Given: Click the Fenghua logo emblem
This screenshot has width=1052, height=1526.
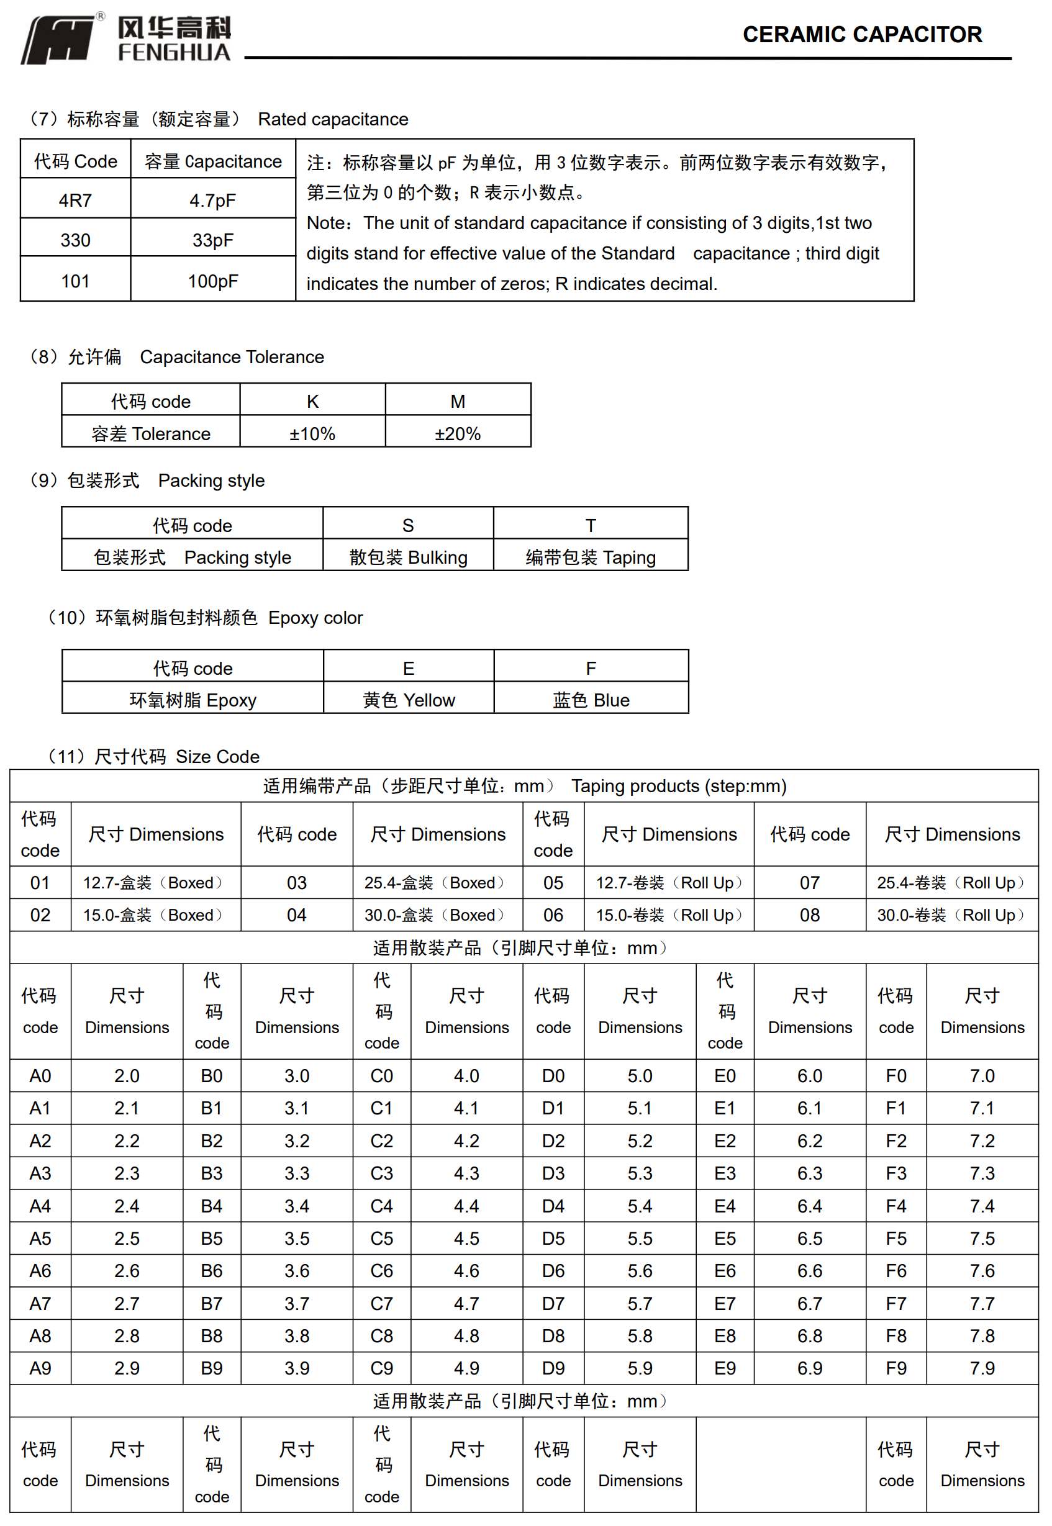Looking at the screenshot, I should click(x=61, y=40).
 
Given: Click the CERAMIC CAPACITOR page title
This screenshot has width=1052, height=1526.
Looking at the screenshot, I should click(x=861, y=34).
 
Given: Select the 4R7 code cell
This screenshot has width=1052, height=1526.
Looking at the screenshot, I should click(x=75, y=201).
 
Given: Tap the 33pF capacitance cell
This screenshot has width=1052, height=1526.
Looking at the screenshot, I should click(x=212, y=240).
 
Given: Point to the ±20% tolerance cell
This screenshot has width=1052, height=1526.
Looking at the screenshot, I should click(x=458, y=433).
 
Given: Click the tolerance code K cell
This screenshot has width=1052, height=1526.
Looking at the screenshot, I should click(x=312, y=401).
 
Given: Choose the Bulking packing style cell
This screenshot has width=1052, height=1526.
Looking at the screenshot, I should click(x=408, y=558).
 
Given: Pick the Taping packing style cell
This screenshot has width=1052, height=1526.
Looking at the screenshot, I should click(x=591, y=558).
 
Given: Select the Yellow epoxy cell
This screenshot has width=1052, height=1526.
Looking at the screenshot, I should click(x=409, y=700).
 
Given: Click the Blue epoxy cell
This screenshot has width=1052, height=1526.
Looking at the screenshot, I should click(x=591, y=700).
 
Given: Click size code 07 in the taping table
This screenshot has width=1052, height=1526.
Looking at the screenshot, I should click(x=809, y=883).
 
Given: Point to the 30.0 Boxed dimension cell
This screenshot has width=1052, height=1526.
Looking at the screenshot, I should click(x=435, y=915).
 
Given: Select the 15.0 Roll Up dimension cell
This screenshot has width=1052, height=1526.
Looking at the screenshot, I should click(x=669, y=915).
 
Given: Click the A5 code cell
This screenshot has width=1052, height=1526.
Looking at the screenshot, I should click(x=40, y=1239).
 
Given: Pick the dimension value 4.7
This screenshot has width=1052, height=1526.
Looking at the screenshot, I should click(x=466, y=1303).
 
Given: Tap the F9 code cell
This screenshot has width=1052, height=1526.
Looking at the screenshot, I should click(x=896, y=1368).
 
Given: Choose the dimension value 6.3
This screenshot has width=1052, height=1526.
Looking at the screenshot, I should click(x=809, y=1173).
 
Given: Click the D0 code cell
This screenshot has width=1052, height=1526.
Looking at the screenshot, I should click(x=553, y=1076).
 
